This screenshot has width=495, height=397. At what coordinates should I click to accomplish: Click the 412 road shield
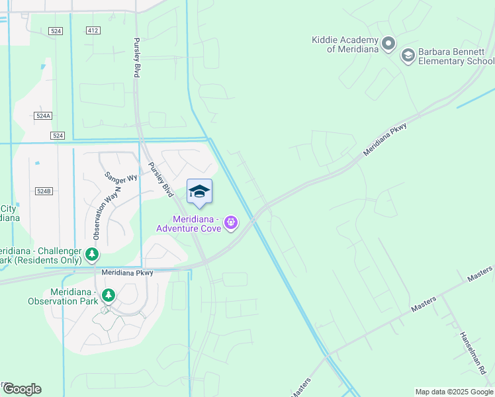tap(93, 30)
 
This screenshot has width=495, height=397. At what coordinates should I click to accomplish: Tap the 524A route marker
tap(43, 116)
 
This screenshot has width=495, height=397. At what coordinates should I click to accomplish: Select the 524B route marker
tap(43, 191)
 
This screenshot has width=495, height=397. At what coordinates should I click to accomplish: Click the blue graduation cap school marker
tap(199, 192)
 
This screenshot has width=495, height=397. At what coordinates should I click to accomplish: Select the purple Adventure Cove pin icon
tap(230, 224)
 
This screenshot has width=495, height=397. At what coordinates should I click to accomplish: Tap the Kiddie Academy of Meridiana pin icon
tap(388, 44)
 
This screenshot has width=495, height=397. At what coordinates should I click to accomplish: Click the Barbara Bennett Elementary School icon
tap(408, 56)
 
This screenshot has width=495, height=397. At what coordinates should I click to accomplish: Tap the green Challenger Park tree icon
tap(92, 254)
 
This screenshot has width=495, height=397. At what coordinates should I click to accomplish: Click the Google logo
tap(22, 389)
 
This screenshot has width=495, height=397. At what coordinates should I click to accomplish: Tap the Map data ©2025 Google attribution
tap(453, 392)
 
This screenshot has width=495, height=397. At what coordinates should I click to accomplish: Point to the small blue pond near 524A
tap(43, 66)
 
